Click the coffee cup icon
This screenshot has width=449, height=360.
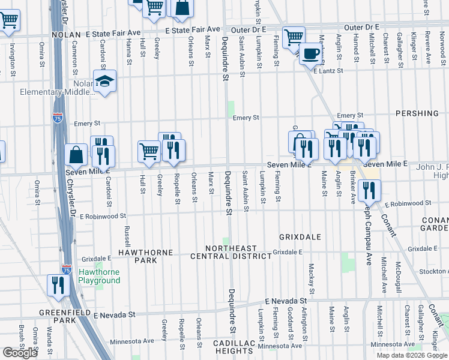pyautogui.click(x=310, y=53)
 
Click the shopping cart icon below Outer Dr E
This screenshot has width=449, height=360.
pyautogui.click(x=294, y=37)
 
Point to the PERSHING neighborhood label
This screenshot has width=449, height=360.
pyautogui.click(x=417, y=113)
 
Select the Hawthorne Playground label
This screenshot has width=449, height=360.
pyautogui.click(x=100, y=277)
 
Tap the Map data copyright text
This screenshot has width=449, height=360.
pyautogui.click(x=411, y=355)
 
